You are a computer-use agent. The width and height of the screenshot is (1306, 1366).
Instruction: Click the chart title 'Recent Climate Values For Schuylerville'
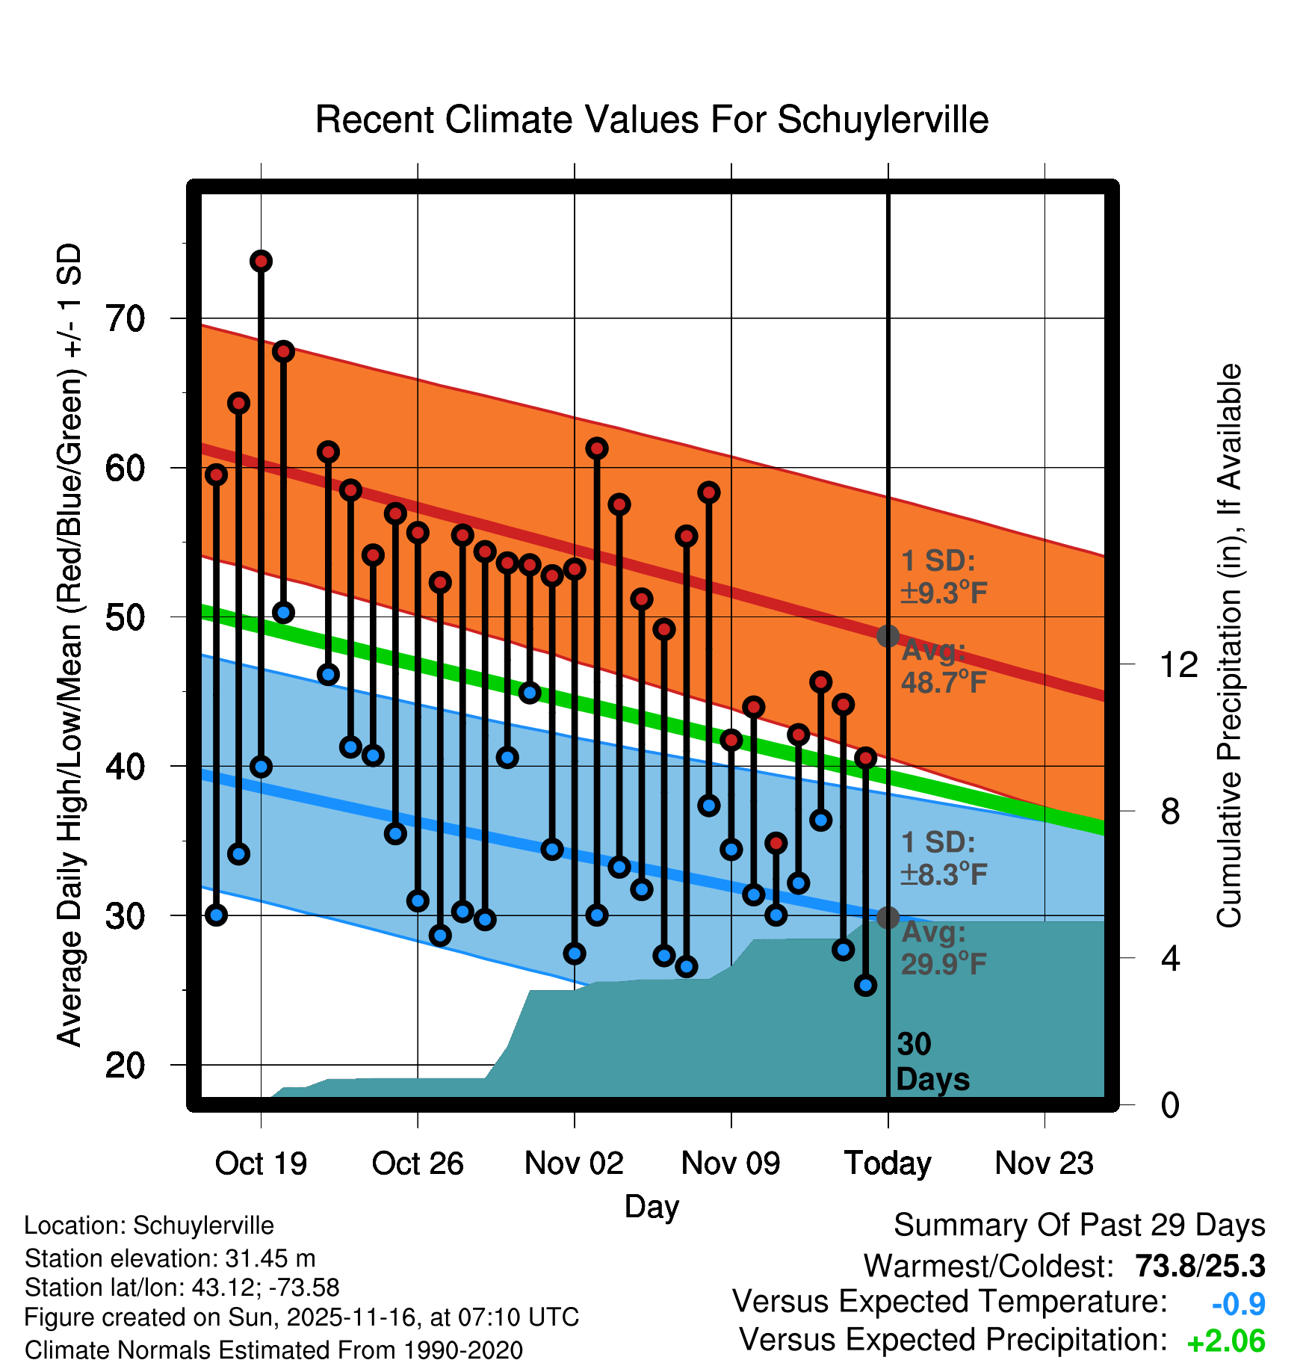pyautogui.click(x=652, y=120)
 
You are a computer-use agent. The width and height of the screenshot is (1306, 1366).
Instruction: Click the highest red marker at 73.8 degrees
pyautogui.click(x=261, y=261)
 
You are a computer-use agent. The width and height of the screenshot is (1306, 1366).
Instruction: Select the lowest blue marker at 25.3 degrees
pyautogui.click(x=865, y=985)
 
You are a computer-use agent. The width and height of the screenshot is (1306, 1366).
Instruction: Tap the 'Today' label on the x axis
pyautogui.click(x=888, y=1163)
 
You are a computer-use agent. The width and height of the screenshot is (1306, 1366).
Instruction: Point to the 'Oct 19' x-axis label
pyautogui.click(x=261, y=1163)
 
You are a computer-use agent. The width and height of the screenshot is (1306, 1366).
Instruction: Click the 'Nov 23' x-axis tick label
pyautogui.click(x=1044, y=1163)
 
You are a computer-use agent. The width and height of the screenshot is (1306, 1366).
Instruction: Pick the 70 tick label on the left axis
pyautogui.click(x=125, y=319)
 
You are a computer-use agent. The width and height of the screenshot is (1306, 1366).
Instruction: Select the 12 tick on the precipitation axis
pyautogui.click(x=1178, y=664)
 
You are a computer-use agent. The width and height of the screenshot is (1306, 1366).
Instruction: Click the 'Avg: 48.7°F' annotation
pyautogui.click(x=943, y=667)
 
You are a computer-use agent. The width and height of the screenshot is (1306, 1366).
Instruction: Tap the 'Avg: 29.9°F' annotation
pyautogui.click(x=943, y=948)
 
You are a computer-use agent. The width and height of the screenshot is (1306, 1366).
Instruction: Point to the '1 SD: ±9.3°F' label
pyautogui.click(x=943, y=577)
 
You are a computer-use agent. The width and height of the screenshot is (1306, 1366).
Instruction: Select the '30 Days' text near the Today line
pyautogui.click(x=932, y=1062)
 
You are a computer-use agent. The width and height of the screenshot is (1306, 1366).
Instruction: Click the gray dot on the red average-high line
pyautogui.click(x=888, y=636)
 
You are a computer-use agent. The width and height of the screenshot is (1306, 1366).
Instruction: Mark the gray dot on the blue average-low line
pyautogui.click(x=888, y=917)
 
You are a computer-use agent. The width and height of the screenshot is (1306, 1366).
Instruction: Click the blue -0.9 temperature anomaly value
pyautogui.click(x=1238, y=1304)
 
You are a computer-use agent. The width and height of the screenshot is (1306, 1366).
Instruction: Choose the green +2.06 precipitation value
pyautogui.click(x=1226, y=1341)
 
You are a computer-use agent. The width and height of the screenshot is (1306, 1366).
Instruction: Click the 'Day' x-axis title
pyautogui.click(x=652, y=1206)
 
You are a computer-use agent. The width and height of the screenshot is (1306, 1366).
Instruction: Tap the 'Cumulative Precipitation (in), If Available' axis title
pyautogui.click(x=1229, y=646)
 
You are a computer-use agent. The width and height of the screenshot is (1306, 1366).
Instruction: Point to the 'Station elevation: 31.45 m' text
pyautogui.click(x=170, y=1258)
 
